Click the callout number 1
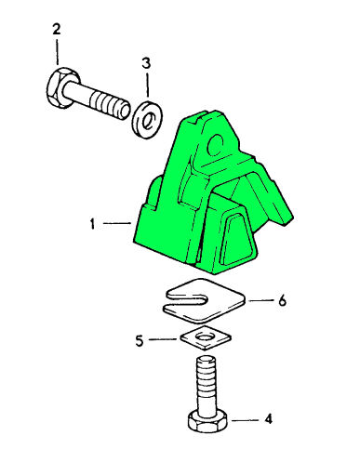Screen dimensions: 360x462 (92, 224)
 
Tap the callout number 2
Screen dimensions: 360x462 (57, 29)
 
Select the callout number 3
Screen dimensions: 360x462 (146, 63)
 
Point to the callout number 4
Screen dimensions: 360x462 (269, 418)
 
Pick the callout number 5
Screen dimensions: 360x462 (140, 341)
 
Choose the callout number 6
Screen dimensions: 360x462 (282, 300)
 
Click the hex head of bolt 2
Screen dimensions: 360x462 (59, 87)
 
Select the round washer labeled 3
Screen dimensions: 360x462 (148, 119)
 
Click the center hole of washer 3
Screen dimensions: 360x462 (148, 121)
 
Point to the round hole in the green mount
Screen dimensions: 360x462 (215, 144)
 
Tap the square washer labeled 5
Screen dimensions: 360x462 (206, 338)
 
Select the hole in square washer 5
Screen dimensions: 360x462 (206, 337)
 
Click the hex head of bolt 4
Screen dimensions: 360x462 (207, 421)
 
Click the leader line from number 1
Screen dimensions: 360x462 (117, 223)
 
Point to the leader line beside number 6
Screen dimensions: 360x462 (260, 300)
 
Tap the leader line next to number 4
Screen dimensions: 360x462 (245, 420)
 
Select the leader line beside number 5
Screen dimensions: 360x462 (164, 339)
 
